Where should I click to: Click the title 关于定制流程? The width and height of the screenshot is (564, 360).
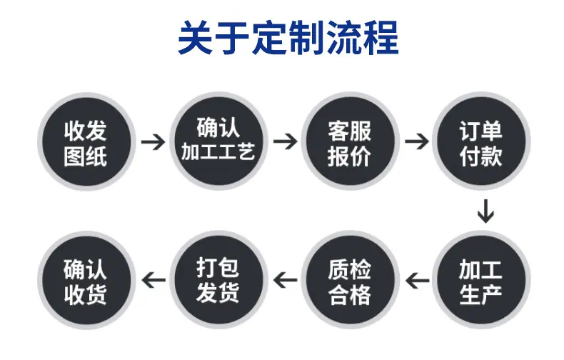point(288,38)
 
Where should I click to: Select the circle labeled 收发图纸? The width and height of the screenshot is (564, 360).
point(86,142)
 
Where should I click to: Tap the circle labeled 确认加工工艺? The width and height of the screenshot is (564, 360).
point(218,141)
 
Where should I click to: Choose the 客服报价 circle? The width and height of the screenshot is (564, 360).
point(350,141)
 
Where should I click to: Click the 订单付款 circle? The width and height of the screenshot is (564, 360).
point(481,141)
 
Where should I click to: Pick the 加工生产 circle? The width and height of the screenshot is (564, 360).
point(481,280)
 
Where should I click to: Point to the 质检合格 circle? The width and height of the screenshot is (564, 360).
point(350,280)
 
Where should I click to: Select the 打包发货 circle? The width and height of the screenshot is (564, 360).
point(218,280)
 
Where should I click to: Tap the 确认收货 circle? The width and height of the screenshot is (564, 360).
point(86,281)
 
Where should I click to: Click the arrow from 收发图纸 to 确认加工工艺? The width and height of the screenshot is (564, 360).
point(153,142)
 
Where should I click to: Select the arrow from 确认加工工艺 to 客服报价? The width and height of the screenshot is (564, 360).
point(285,141)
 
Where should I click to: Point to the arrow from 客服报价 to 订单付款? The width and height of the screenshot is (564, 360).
point(416,141)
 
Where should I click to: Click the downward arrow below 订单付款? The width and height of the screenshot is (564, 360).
point(485,211)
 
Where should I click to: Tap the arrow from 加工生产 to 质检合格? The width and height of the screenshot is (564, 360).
point(417,281)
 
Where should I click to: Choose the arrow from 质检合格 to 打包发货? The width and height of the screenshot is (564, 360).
point(286,280)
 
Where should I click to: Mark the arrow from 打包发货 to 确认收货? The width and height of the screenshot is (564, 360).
point(153,280)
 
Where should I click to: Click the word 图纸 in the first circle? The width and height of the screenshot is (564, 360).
point(86,156)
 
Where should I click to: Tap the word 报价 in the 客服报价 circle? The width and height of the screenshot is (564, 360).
point(349,156)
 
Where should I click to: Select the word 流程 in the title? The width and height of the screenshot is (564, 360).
point(362,38)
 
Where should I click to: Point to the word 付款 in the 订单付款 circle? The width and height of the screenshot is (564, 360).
point(481,156)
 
